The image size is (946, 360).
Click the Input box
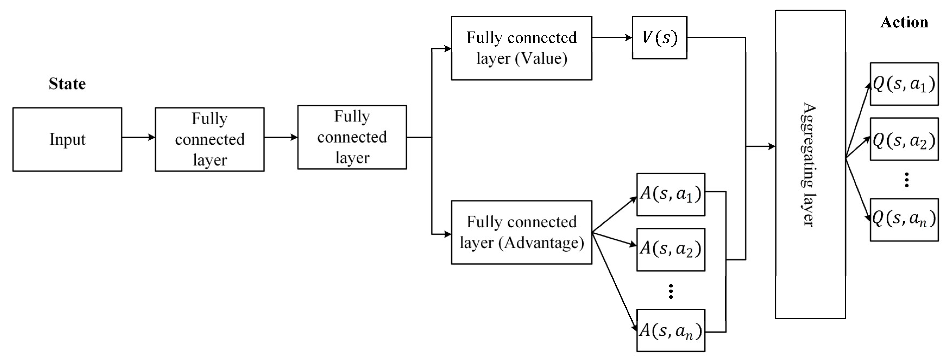click(x=67, y=139)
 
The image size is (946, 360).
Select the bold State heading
click(x=67, y=84)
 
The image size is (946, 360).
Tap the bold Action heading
click(x=904, y=23)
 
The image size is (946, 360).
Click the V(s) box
click(x=659, y=37)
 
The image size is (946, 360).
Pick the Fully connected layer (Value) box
click(x=522, y=48)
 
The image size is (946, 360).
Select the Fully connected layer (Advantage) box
click(x=522, y=232)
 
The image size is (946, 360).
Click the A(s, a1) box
click(x=671, y=194)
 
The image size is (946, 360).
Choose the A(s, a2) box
click(x=671, y=250)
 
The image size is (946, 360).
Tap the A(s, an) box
click(x=671, y=330)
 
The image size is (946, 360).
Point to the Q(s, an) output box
click(x=904, y=220)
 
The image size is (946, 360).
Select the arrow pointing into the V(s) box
click(x=612, y=37)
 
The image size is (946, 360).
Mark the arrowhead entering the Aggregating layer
click(x=771, y=147)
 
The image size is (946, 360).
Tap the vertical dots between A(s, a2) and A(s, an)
click(x=671, y=291)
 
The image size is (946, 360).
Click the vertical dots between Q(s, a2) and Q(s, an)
click(x=906, y=180)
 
